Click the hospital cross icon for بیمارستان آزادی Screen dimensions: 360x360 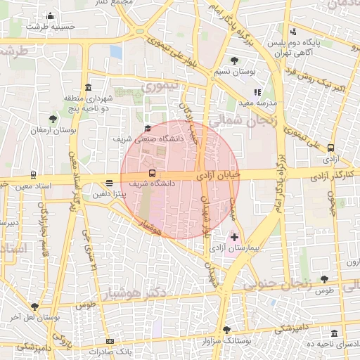coord(234,238)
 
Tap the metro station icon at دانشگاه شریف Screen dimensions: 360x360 coord(152,173)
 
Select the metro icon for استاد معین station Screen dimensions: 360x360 coord(33,175)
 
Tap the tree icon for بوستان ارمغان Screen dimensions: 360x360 coord(53,119)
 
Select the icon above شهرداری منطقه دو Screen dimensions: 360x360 coord(88,87)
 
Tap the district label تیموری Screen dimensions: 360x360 coord(161,87)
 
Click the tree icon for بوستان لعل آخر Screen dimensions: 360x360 coord(34,306)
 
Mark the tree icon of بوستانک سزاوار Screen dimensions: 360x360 coord(226,330)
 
